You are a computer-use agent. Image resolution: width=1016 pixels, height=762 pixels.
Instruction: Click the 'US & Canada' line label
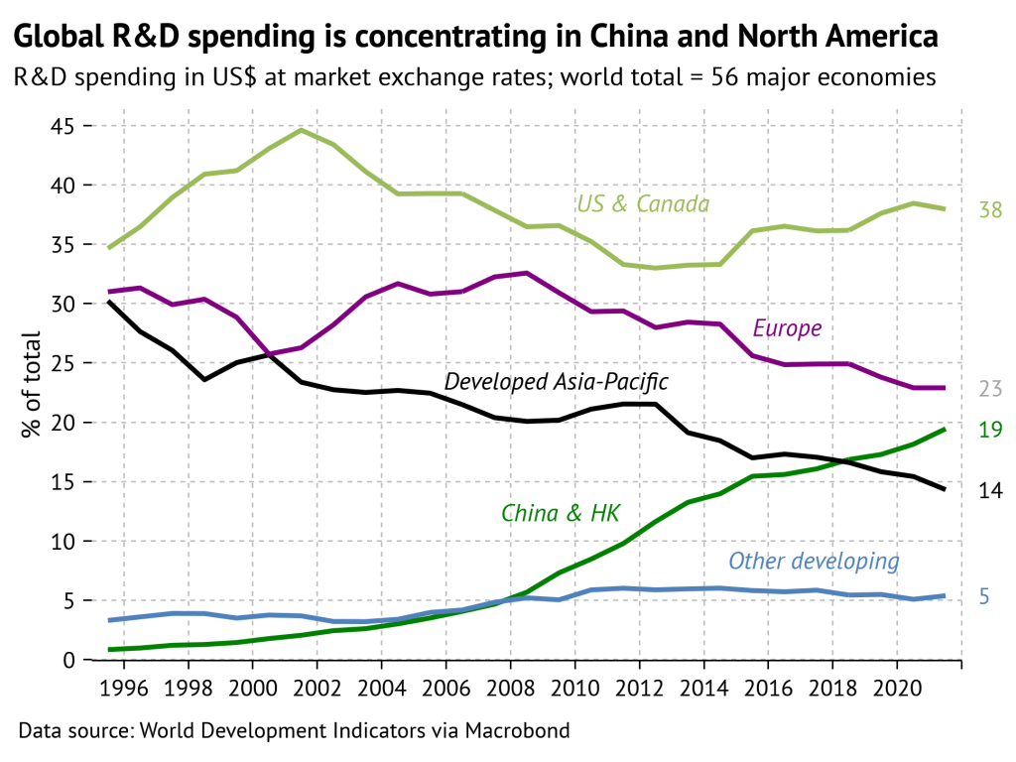[x=643, y=204]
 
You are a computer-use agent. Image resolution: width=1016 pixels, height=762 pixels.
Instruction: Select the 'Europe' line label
[x=787, y=328]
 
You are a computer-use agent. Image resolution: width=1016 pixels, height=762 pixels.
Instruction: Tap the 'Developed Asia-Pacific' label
[x=557, y=382]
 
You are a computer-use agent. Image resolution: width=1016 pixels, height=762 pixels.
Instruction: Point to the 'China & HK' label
[x=561, y=513]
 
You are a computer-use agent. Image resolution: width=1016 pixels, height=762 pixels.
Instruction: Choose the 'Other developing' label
[x=814, y=562]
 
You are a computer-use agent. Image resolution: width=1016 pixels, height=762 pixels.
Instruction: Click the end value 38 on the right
[x=990, y=210]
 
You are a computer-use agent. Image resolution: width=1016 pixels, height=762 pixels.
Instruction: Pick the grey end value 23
[x=990, y=389]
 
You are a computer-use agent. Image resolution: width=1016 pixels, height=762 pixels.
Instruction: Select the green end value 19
[x=990, y=430]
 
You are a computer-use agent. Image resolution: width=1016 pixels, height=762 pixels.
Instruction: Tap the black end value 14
[x=990, y=491]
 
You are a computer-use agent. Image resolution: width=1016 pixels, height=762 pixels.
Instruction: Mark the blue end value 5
[x=985, y=596]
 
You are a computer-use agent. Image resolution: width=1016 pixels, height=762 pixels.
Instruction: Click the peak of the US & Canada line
[x=301, y=130]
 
